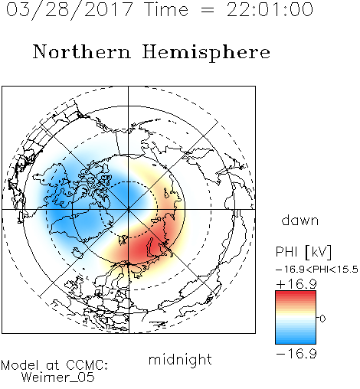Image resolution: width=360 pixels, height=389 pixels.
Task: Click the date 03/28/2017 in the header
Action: pyautogui.click(x=69, y=10)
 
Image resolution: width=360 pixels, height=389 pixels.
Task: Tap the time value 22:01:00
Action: pyautogui.click(x=270, y=9)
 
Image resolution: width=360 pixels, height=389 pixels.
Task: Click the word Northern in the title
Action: pyautogui.click(x=82, y=51)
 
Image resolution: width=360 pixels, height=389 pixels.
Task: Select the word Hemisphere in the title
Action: pyautogui.click(x=206, y=53)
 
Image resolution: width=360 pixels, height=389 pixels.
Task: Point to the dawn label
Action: pyautogui.click(x=300, y=220)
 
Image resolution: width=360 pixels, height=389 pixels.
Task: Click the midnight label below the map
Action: pyautogui.click(x=180, y=359)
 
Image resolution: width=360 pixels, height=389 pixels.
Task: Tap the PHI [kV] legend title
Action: pyautogui.click(x=303, y=252)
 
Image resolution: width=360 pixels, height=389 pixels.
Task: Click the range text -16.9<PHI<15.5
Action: pyautogui.click(x=317, y=270)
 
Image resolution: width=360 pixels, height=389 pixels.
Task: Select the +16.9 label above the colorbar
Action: pyautogui.click(x=296, y=284)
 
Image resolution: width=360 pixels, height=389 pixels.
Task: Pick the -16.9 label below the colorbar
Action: pyautogui.click(x=296, y=354)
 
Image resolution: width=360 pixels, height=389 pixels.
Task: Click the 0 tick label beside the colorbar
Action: pyautogui.click(x=322, y=319)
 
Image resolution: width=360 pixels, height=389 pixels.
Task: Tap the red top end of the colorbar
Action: pyautogui.click(x=296, y=293)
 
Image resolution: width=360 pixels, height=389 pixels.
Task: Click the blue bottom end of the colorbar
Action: pyautogui.click(x=296, y=342)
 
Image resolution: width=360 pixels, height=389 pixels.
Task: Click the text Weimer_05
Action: pyautogui.click(x=58, y=378)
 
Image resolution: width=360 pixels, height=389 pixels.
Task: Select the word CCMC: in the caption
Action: pyautogui.click(x=87, y=365)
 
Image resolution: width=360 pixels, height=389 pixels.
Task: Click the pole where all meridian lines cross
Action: pyautogui.click(x=128, y=210)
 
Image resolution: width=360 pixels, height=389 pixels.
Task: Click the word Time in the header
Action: pyautogui.click(x=166, y=9)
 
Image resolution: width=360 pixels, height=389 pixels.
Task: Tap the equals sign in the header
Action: pyautogui.click(x=208, y=11)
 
